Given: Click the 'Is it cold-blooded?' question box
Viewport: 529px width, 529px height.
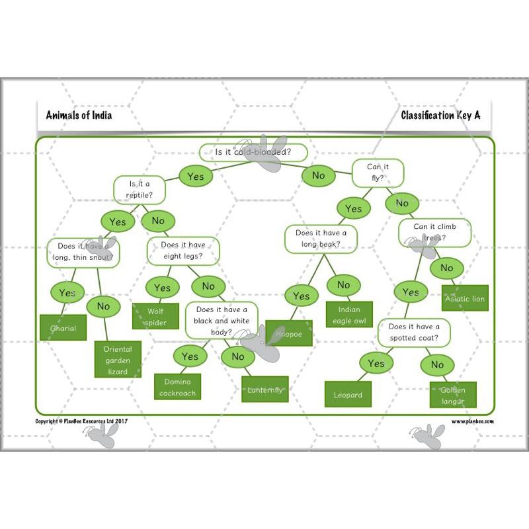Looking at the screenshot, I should [253, 153].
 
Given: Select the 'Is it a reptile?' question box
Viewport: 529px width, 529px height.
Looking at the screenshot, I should [140, 190].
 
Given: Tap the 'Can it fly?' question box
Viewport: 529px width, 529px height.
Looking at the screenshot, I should [378, 173].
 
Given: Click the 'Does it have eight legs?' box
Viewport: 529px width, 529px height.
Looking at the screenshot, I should [183, 251].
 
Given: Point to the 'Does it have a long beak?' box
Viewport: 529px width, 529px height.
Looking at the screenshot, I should [321, 239].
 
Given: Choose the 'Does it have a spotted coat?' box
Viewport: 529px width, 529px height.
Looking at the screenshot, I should [413, 332].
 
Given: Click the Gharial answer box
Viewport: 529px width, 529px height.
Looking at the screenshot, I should [63, 328].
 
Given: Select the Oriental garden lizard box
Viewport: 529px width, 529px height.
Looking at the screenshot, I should [118, 360].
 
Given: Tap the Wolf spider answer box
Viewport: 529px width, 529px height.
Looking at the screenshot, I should [156, 316].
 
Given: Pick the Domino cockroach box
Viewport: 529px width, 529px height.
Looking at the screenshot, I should [177, 387].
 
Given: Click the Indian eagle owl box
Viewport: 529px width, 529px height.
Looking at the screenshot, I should [349, 315].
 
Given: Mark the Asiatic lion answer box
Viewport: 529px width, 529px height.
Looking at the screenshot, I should [465, 298].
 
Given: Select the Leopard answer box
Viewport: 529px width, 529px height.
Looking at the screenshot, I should [348, 395].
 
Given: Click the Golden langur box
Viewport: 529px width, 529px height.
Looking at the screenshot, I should [453, 395].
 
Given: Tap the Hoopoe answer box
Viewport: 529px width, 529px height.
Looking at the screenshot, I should [289, 334].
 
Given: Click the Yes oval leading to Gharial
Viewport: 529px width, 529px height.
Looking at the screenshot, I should [67, 292].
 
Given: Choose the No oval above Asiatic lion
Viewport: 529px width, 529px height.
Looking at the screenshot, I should [447, 268].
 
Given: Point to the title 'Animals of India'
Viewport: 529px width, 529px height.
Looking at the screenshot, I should [79, 115].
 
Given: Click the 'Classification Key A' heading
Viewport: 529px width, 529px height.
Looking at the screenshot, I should [440, 115].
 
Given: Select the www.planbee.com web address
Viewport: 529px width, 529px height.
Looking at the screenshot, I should [472, 421].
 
